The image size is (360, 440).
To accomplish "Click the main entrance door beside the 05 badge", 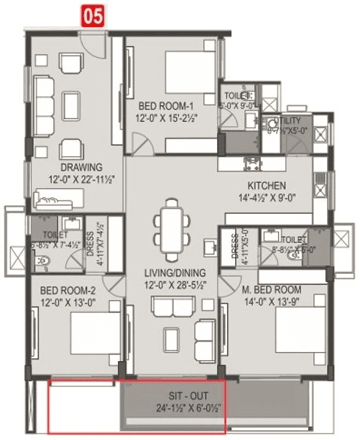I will click(95, 44).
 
